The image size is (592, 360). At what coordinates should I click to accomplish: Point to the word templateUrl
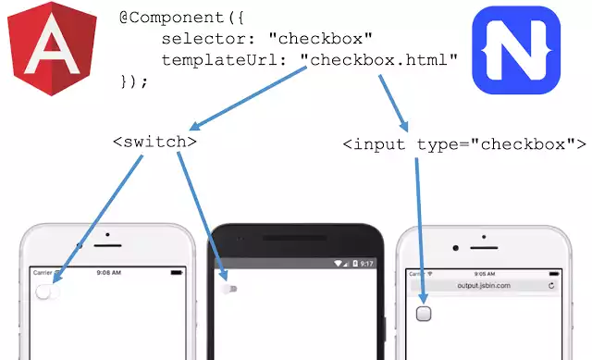pos(206,59)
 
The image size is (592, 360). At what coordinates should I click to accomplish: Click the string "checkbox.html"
pos(384,59)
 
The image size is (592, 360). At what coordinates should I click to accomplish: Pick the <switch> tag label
pos(154,143)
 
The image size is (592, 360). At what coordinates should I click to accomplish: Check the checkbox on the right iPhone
pos(424,313)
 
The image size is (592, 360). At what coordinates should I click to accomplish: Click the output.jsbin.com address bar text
pos(484,286)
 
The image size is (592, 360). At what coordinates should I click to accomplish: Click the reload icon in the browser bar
pos(551,286)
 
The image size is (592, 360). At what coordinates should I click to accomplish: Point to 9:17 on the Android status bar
pos(366,264)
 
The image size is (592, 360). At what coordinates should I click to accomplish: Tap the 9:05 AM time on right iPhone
pos(484,274)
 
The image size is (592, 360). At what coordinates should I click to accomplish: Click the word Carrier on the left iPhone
pos(43,273)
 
